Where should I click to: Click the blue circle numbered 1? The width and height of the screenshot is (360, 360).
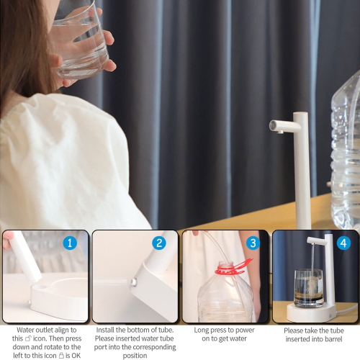tap(70, 243)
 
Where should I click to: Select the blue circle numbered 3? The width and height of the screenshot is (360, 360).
tap(253, 243)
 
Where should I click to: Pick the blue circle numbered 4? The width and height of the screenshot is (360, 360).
tap(343, 243)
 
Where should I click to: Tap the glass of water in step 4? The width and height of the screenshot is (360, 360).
tap(309, 288)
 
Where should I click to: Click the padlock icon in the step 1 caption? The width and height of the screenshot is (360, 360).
tap(61, 346)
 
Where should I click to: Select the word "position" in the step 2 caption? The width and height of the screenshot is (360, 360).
tap(135, 355)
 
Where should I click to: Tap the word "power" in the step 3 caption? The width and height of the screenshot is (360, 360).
tap(241, 330)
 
